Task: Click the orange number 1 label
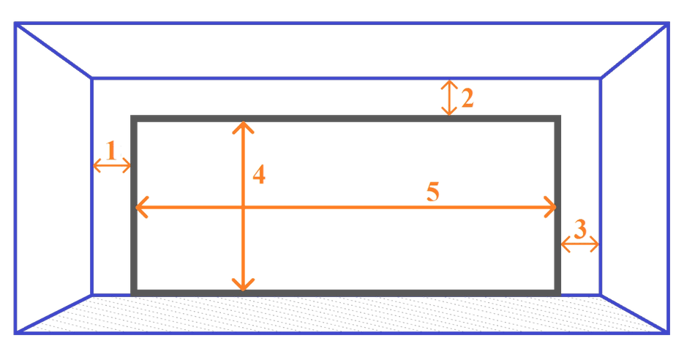tap(112, 150)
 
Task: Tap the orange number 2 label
tap(467, 98)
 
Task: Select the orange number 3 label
tap(579, 229)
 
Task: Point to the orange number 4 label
tap(259, 175)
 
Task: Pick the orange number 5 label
tap(432, 192)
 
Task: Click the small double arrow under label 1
tap(112, 167)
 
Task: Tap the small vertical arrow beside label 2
tap(449, 97)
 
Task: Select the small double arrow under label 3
tap(579, 244)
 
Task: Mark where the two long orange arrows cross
tap(243, 207)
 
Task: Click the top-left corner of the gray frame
tap(133, 118)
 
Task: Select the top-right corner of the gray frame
tap(558, 118)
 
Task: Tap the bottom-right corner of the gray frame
tap(558, 293)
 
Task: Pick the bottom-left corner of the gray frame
tap(133, 293)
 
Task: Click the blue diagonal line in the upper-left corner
tap(53, 51)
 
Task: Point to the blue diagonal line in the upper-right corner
tap(634, 51)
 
